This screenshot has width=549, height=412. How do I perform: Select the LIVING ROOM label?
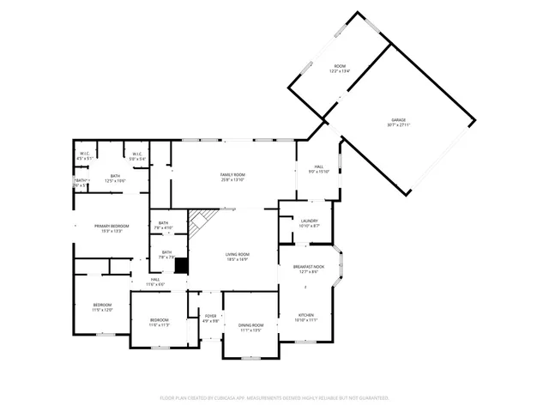coord(238,254)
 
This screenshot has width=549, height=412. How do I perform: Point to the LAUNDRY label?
coord(310,221)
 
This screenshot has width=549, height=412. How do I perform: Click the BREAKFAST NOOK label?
coord(309,268)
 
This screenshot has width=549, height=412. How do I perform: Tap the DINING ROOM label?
coord(250,325)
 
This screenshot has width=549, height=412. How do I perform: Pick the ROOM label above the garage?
coord(340,67)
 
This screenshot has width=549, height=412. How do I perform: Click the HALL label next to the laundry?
coord(318,167)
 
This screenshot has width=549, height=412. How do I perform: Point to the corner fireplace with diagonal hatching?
coord(200,223)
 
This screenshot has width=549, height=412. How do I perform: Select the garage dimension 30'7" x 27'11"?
coord(398,126)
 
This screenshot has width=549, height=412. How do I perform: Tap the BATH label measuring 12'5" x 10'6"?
coord(115,176)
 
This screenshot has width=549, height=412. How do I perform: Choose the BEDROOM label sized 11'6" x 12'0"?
coord(102,306)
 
